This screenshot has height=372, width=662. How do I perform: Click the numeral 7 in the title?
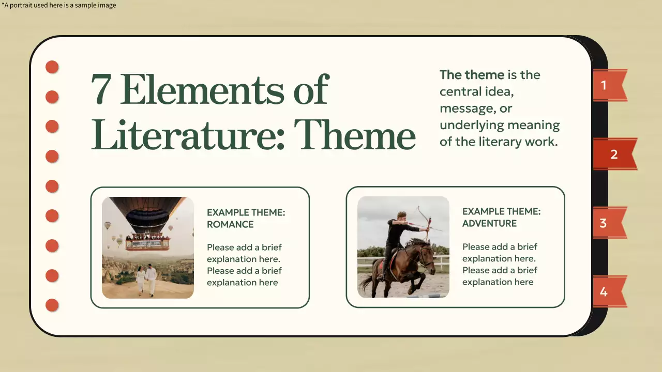click(102, 89)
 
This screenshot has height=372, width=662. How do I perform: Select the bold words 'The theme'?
click(472, 75)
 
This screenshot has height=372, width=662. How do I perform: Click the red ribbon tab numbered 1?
click(607, 85)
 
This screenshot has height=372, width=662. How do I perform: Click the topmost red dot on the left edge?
click(52, 67)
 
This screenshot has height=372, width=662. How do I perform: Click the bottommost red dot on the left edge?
click(52, 305)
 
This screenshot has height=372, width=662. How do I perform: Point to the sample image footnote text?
click(59, 6)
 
